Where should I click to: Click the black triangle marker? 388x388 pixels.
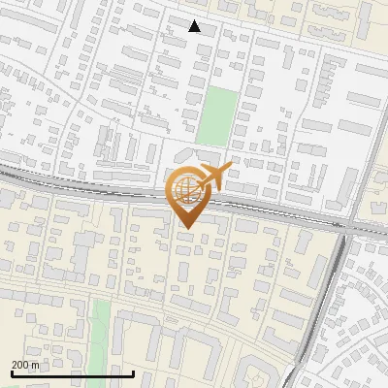(195, 26)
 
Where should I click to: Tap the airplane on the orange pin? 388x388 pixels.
(211, 178)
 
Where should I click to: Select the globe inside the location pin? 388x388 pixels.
(185, 189)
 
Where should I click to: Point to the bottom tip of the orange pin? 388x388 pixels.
(186, 228)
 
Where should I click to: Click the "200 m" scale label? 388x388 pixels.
(25, 364)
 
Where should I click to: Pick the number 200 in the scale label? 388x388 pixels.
(20, 364)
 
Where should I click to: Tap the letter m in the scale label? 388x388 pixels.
(35, 364)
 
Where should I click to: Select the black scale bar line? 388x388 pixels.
(72, 372)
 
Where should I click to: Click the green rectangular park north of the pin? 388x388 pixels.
(217, 115)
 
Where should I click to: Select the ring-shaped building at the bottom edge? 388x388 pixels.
(257, 373)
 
